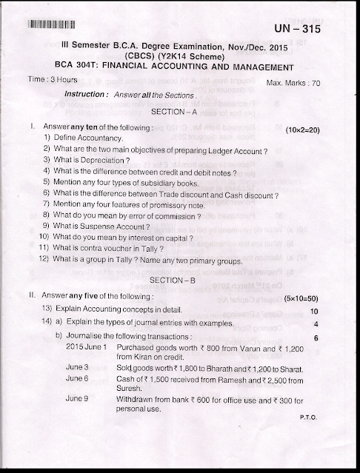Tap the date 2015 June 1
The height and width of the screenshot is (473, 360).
click(87, 347)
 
